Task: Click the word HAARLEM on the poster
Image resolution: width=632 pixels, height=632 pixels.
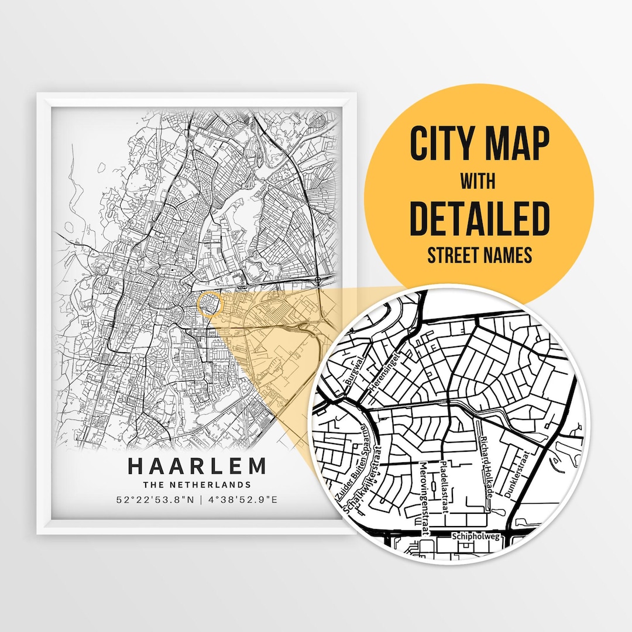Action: click(197, 466)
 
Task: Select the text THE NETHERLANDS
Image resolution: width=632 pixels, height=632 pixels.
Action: click(197, 485)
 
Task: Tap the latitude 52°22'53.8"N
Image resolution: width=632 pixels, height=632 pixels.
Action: click(153, 500)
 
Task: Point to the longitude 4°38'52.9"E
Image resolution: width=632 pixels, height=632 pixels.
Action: click(243, 500)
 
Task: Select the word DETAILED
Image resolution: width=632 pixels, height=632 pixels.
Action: click(479, 218)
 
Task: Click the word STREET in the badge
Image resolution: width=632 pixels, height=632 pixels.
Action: click(451, 255)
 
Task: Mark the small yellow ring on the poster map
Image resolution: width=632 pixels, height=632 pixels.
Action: click(210, 305)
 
